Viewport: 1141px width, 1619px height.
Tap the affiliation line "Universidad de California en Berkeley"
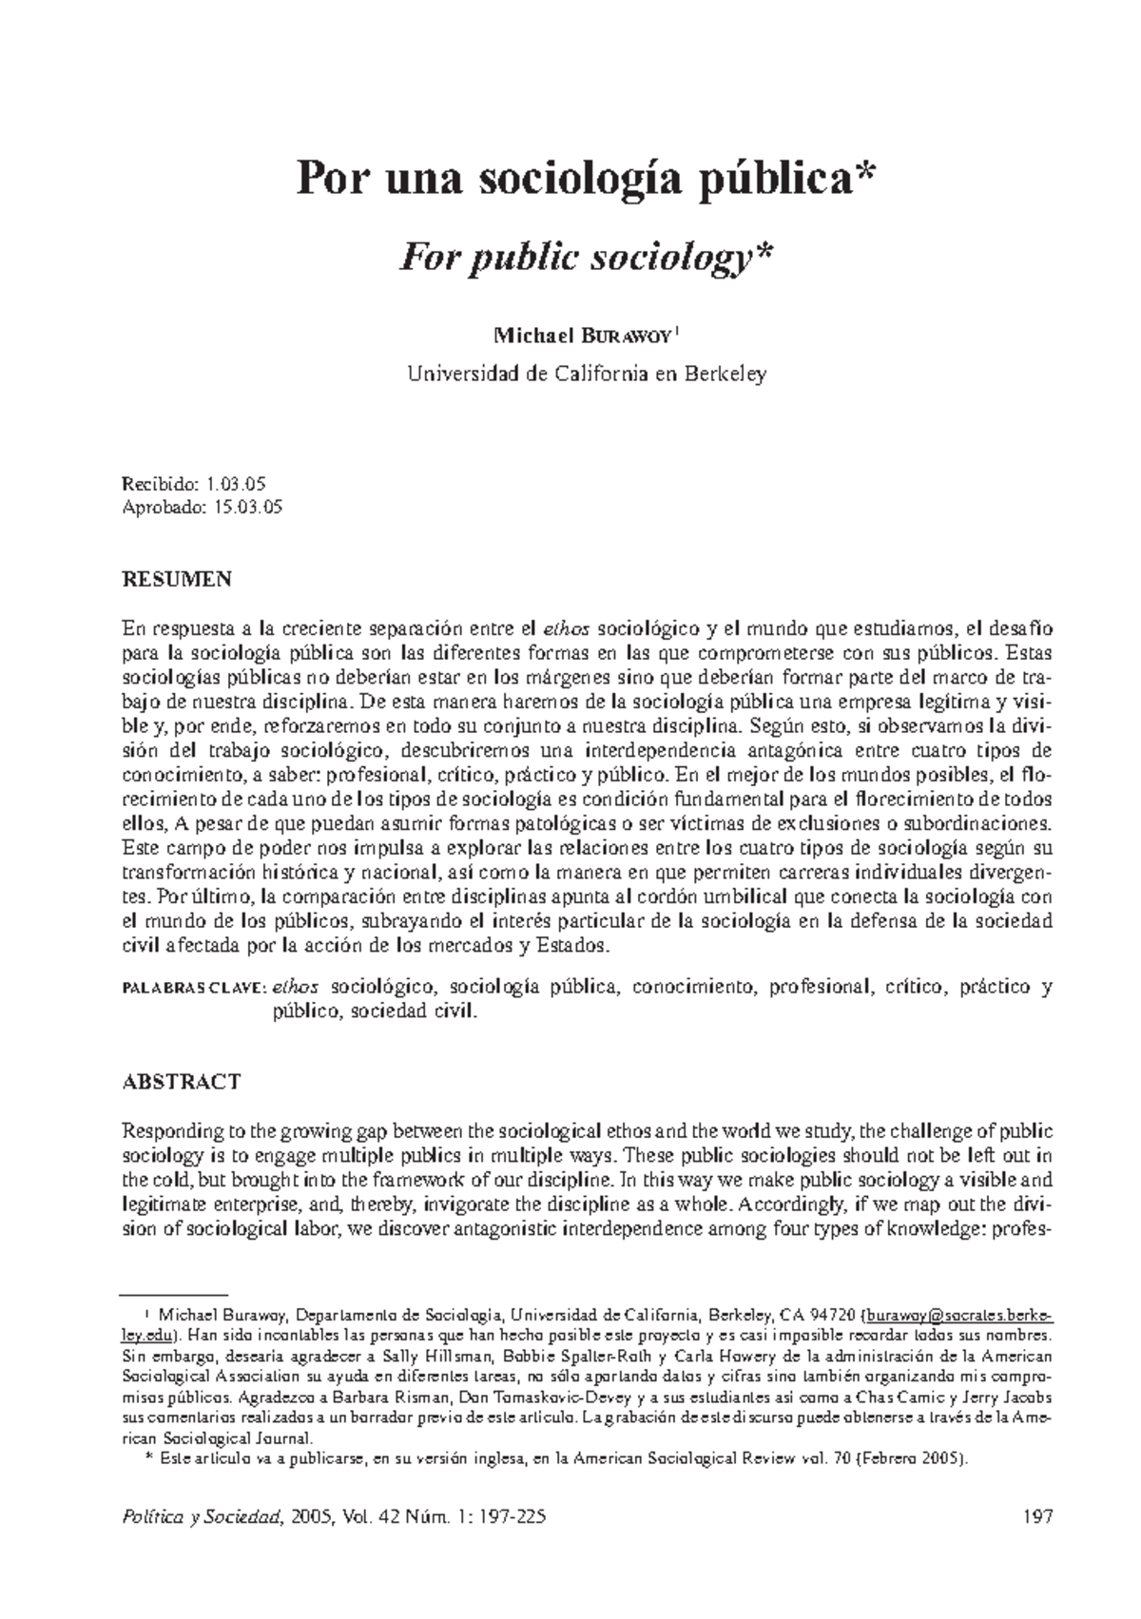pyautogui.click(x=587, y=375)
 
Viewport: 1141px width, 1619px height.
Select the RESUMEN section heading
pyautogui.click(x=177, y=579)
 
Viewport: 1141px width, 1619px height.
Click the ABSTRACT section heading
pyautogui.click(x=182, y=1082)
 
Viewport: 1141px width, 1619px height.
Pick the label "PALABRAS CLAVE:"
pyautogui.click(x=194, y=989)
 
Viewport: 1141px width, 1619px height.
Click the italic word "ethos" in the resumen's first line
pyautogui.click(x=567, y=628)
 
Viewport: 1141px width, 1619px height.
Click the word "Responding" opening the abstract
pyautogui.click(x=171, y=1131)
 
